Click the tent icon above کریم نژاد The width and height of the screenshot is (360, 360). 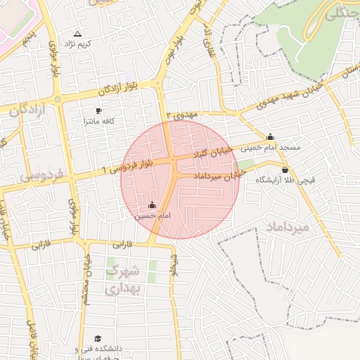[x=78, y=34]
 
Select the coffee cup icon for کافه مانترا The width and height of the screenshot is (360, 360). [x=98, y=111]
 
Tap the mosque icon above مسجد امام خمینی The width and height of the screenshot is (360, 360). [x=270, y=136]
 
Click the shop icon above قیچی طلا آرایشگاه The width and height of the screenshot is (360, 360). [x=285, y=169]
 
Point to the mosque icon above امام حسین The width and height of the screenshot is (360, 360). [x=153, y=205]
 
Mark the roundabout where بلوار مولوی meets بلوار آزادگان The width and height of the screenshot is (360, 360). [x=58, y=99]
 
